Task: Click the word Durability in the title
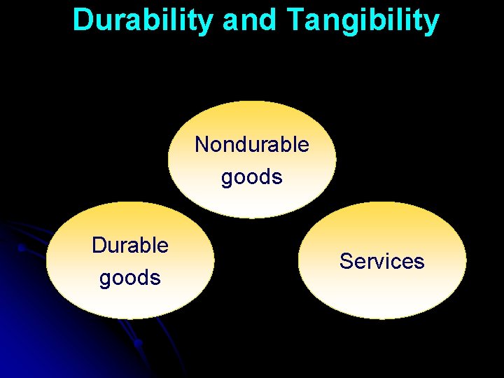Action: [143, 20]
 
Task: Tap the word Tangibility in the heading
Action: [363, 20]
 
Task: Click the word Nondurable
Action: [252, 144]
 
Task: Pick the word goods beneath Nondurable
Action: [252, 177]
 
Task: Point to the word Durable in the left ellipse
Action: [130, 245]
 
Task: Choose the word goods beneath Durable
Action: [130, 278]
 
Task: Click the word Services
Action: [382, 261]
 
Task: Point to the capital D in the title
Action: [83, 20]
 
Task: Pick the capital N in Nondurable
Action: [202, 144]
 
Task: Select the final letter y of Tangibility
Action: [432, 22]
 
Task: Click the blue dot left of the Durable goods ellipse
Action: [21, 248]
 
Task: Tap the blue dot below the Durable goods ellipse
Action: [139, 343]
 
